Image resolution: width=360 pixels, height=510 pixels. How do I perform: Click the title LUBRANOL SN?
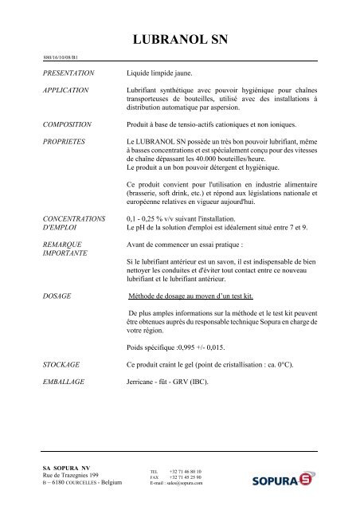point(179,41)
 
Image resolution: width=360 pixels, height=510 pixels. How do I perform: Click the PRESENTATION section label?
point(69,73)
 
